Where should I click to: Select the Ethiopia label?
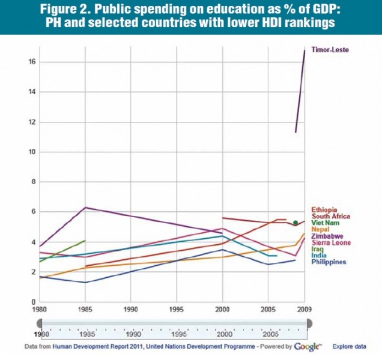point(324,209)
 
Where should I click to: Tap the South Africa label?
point(331,216)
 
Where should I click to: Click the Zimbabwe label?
point(327,236)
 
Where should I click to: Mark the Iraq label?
point(318,249)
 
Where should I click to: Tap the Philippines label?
point(329,262)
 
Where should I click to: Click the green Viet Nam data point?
point(295,223)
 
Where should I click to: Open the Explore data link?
point(351,347)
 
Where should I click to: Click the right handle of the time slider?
point(309,323)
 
